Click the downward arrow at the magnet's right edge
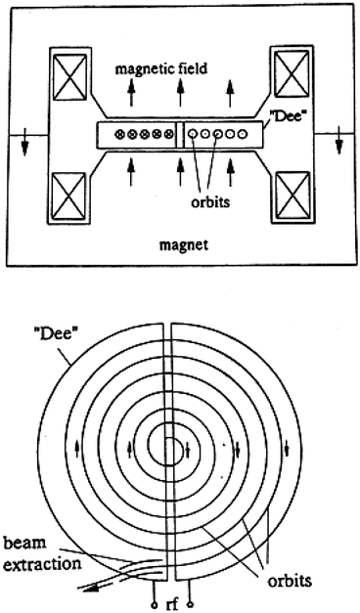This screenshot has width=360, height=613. pyautogui.click(x=338, y=144)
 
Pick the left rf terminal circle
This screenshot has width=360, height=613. pyautogui.click(x=154, y=601)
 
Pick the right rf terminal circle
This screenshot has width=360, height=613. pyautogui.click(x=196, y=601)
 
